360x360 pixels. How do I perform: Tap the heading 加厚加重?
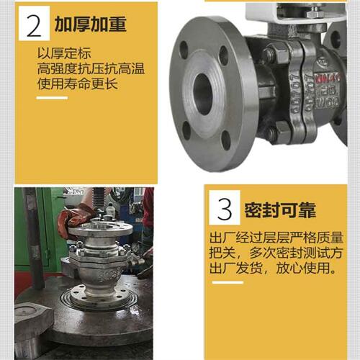[x=91, y=24]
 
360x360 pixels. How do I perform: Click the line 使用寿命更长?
[x=78, y=84]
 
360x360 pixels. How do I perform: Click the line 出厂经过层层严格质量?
[x=276, y=238]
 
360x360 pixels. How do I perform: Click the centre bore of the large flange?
[x=204, y=94]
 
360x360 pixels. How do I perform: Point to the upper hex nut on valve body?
[x=274, y=54]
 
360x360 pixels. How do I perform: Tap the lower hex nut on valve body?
[x=274, y=133]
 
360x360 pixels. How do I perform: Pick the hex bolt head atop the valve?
[x=314, y=13]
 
